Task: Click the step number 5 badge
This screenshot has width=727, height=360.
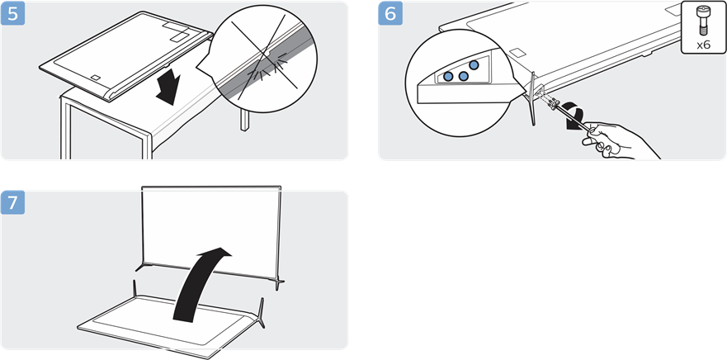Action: coord(13,14)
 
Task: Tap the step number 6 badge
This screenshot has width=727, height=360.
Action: coord(390,14)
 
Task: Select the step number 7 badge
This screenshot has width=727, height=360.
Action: coord(13,203)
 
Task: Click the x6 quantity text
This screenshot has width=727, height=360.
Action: coord(703,45)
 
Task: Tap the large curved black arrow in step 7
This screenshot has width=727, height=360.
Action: coord(201,283)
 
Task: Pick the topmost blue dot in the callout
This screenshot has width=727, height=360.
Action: coord(474,65)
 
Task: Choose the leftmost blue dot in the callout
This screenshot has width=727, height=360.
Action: coord(448,77)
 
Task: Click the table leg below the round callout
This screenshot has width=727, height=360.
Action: coord(244,121)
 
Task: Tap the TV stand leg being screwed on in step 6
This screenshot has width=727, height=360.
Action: coord(533,99)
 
